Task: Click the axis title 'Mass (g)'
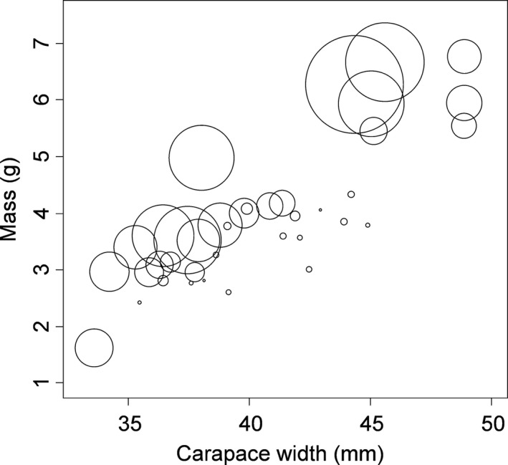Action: (x=14, y=213)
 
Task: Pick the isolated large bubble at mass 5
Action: (x=201, y=157)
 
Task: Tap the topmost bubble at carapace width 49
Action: (x=464, y=57)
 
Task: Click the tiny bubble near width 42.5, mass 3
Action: (x=309, y=269)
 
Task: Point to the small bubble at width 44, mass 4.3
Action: (x=351, y=194)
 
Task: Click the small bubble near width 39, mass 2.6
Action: (x=229, y=292)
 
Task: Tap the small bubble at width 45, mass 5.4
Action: (x=373, y=130)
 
